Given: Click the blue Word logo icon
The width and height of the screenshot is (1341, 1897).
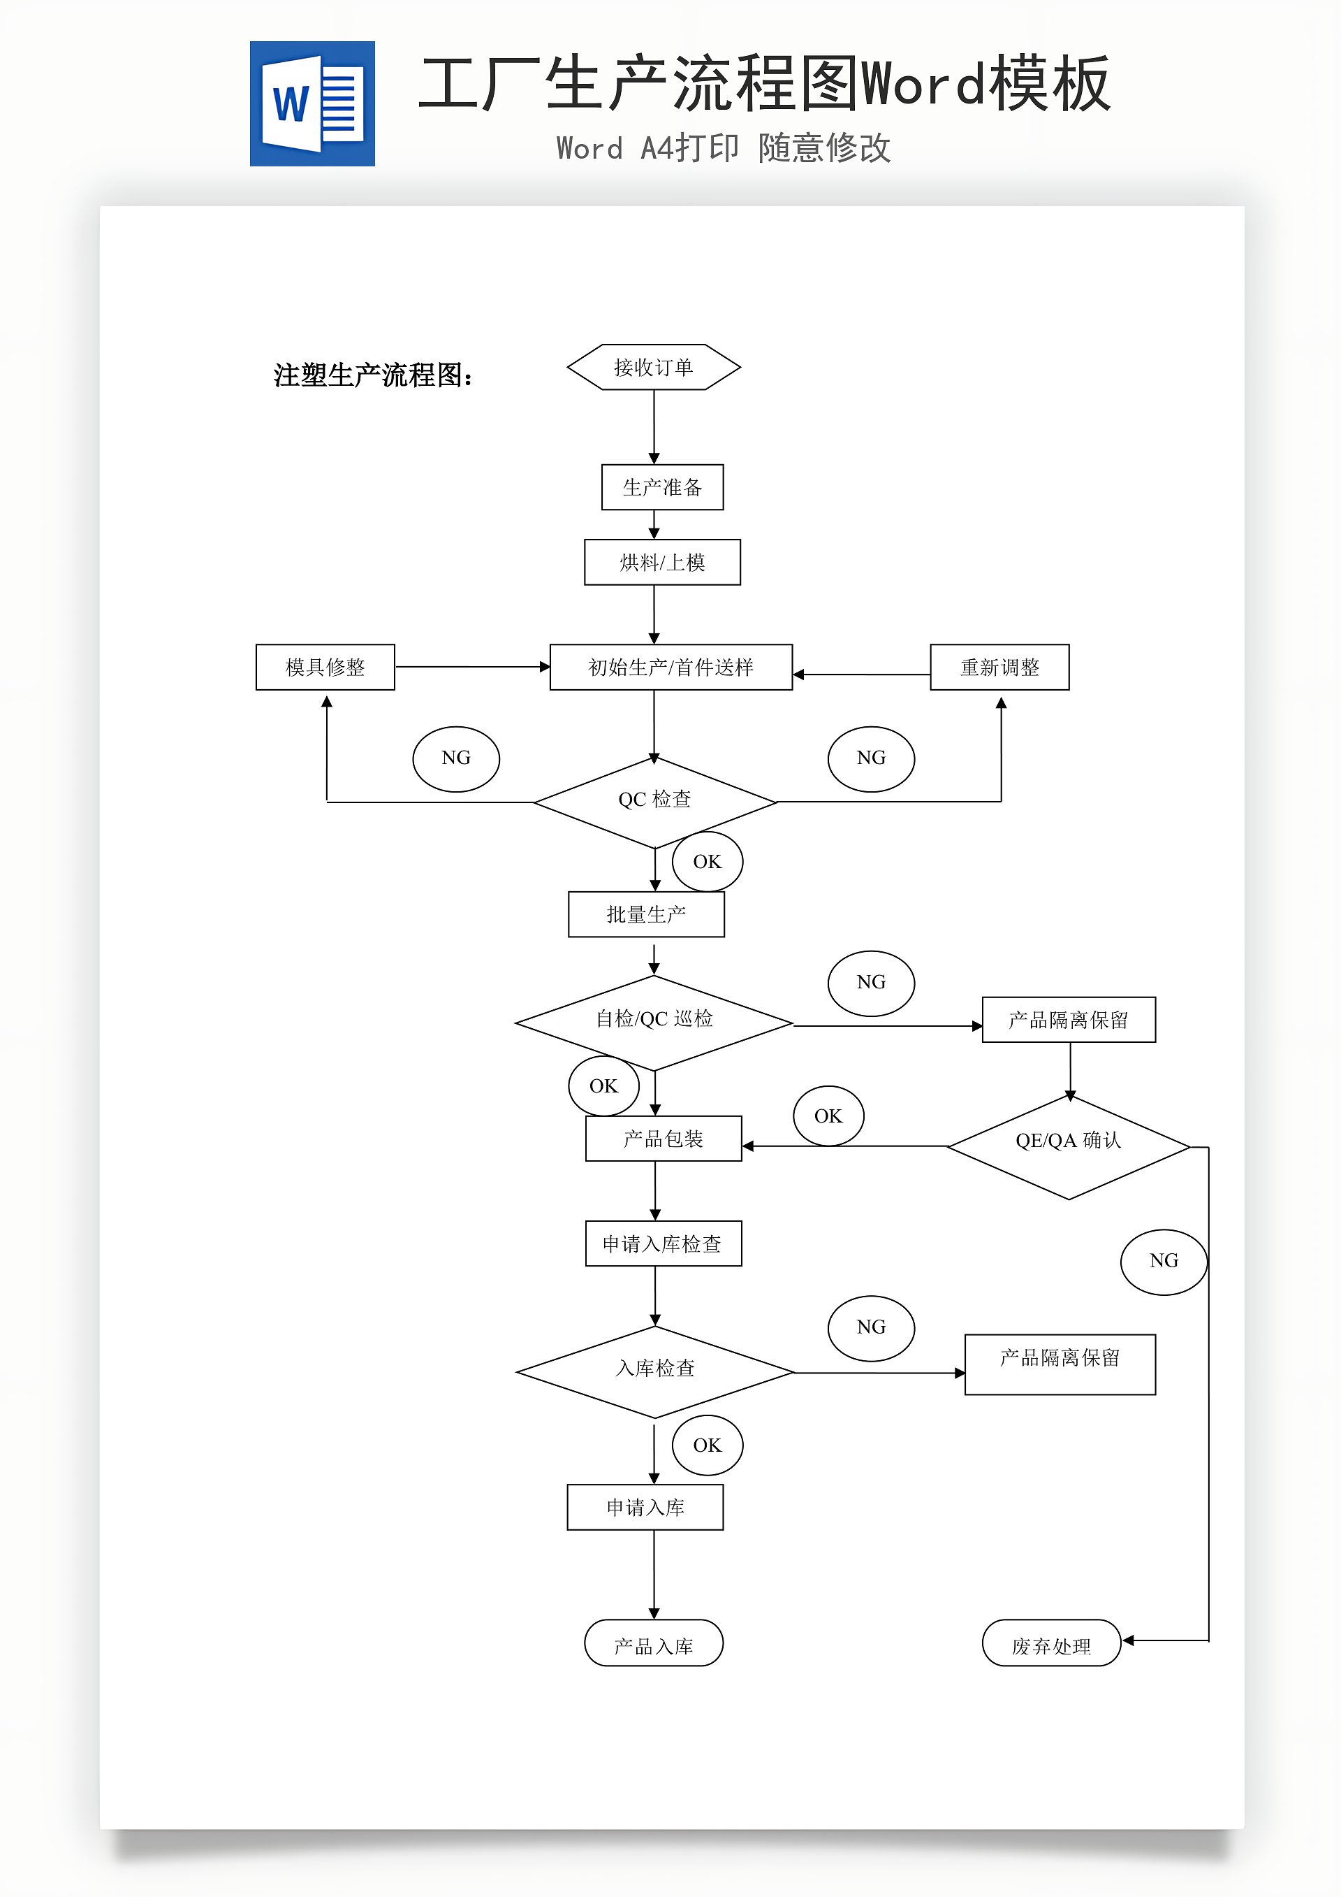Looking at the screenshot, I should coord(312,104).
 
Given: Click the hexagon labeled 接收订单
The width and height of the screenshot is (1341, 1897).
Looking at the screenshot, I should coord(653,367).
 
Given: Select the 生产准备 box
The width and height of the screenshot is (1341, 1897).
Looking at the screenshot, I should coord(662,487).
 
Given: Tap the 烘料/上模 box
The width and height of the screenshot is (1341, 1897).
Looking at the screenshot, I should coord(662,563).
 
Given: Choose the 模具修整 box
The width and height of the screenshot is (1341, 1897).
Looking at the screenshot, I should coord(325,667).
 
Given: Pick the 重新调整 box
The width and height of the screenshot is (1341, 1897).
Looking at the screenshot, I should coord(999,667).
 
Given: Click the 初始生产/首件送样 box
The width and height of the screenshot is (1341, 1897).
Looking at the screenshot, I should coord(670,667).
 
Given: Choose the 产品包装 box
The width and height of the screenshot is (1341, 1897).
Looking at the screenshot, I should coord(663,1139).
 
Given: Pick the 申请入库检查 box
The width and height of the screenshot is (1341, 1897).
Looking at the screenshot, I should coord(663,1243).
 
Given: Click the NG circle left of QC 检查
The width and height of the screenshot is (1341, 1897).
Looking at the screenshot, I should coord(456,758).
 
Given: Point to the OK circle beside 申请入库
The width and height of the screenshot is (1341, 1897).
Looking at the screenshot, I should coord(708,1445).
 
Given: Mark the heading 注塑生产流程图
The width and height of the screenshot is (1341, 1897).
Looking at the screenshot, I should coord(373,375).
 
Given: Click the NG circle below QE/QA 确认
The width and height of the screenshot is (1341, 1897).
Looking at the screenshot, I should coord(1164,1262).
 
